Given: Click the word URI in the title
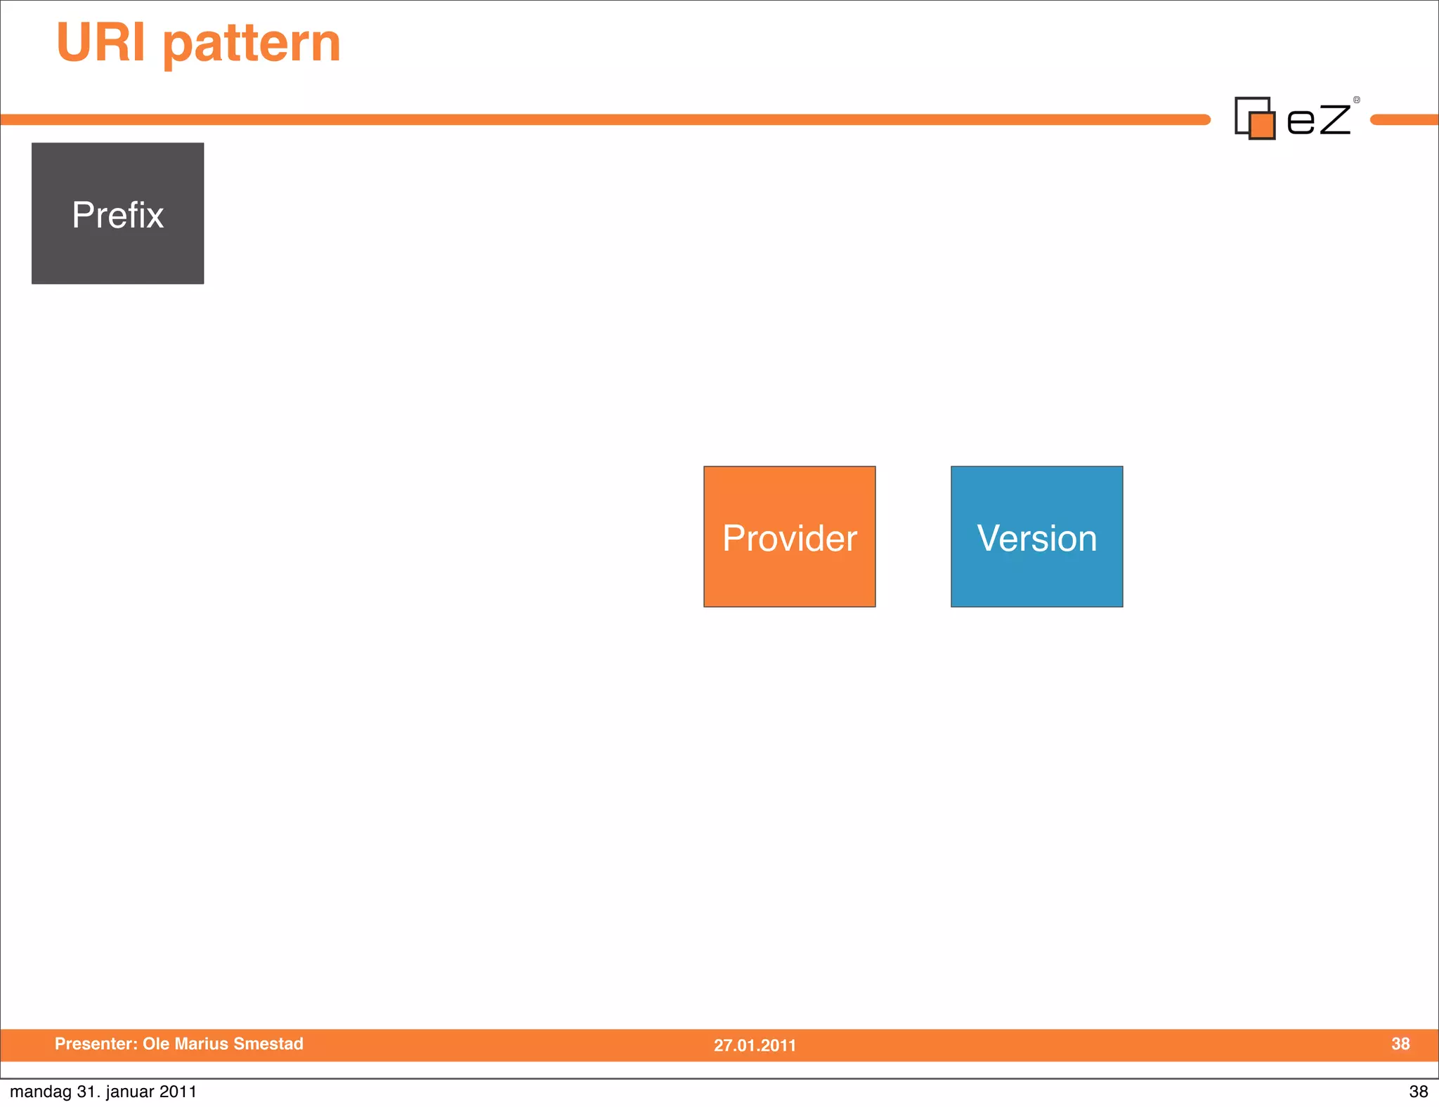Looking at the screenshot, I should (100, 42).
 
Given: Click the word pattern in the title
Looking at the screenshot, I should (252, 45).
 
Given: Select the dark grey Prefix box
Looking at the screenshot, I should (117, 214).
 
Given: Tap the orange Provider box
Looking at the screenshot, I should (789, 537).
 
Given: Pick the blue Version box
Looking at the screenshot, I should (1036, 537).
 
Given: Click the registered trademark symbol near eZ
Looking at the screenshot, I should (1357, 100).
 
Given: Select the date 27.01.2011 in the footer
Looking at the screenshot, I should (755, 1045).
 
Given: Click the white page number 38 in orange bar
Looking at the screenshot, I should (1400, 1044).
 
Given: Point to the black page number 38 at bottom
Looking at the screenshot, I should (1418, 1092).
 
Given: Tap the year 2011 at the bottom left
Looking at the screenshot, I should (178, 1092).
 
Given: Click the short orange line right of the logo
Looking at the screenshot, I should (1404, 120).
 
